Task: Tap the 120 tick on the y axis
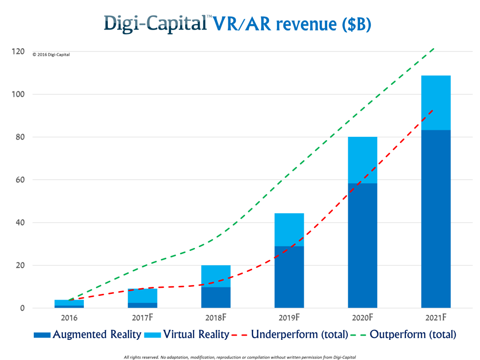[19, 51]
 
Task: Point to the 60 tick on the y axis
[21, 180]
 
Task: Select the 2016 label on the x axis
[69, 317]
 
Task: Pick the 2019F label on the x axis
[289, 317]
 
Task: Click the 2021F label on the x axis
[436, 317]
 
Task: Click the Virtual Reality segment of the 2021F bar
[436, 103]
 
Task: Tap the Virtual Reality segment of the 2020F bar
[362, 160]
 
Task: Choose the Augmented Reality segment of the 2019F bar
[289, 277]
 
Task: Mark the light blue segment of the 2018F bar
[216, 276]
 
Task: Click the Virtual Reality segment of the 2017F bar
[142, 296]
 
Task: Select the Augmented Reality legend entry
[88, 334]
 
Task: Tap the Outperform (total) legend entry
[403, 334]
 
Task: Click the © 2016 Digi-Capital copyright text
[52, 54]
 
